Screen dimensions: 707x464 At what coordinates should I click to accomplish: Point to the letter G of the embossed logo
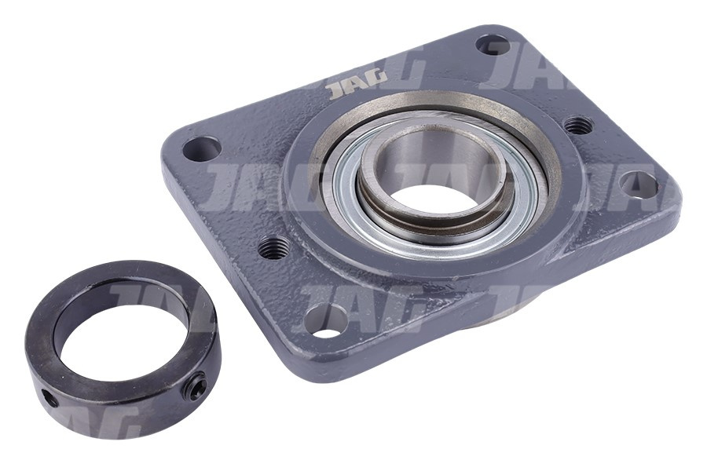click(378, 81)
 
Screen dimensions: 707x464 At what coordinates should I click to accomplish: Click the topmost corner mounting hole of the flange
click(493, 45)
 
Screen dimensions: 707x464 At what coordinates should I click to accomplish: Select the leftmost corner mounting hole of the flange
click(202, 148)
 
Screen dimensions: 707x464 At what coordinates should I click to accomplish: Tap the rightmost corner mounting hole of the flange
click(638, 184)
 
